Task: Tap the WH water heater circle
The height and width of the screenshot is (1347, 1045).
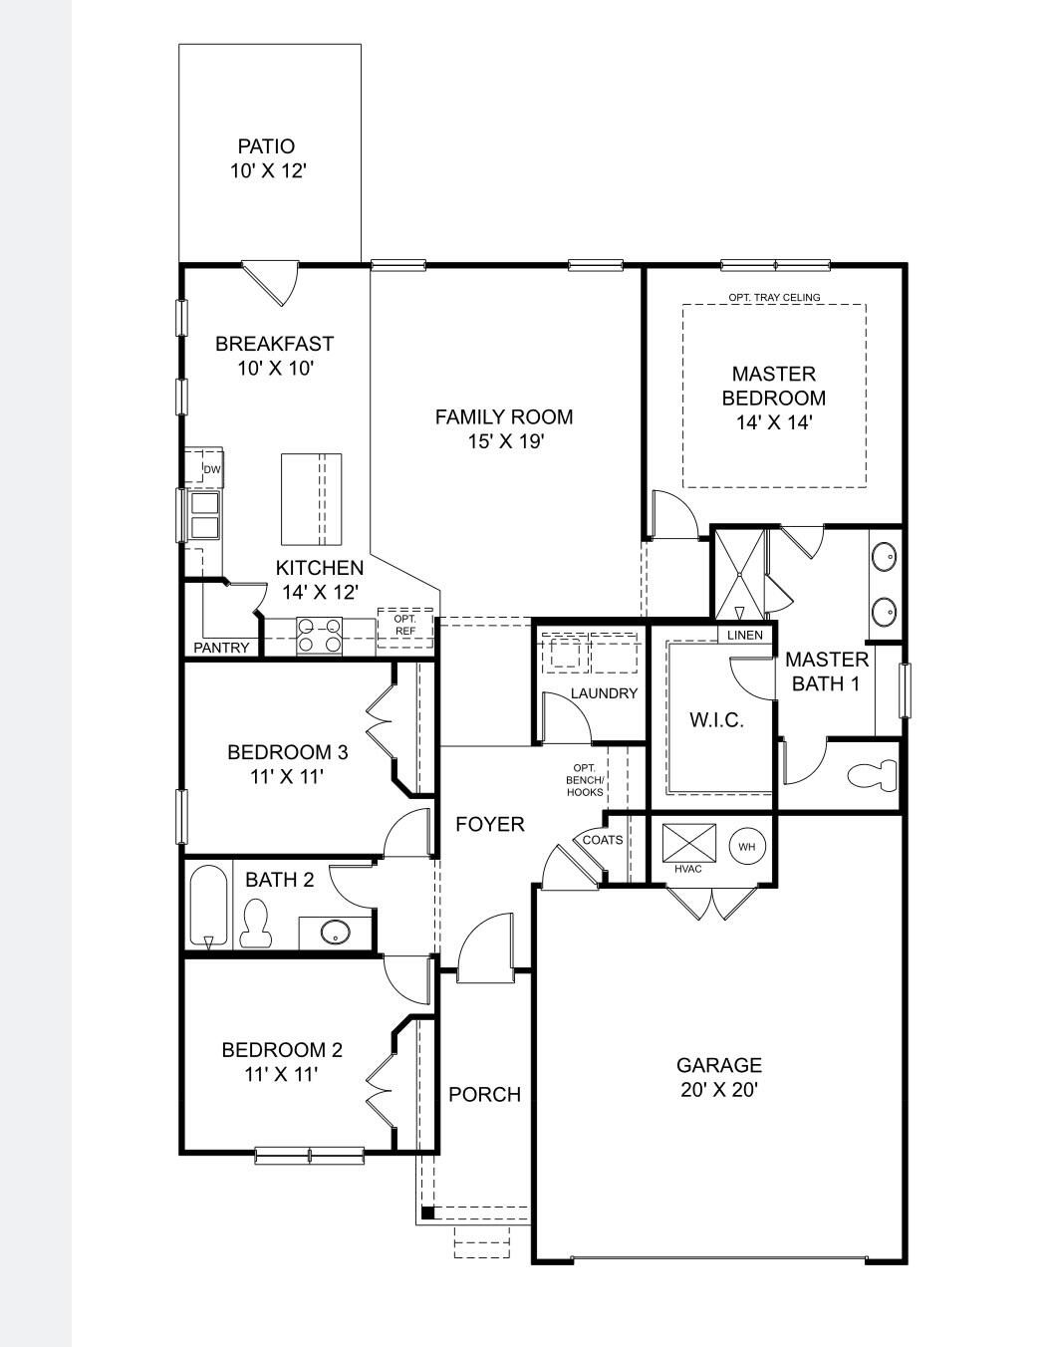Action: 747,847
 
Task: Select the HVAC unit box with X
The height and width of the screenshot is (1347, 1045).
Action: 689,843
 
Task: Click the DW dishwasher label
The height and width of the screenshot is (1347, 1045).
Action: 212,469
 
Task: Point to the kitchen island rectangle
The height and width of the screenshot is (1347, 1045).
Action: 311,499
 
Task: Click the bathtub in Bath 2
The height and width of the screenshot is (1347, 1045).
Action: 209,905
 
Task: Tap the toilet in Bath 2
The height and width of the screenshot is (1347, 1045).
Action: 257,922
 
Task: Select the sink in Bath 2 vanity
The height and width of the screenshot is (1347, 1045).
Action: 336,933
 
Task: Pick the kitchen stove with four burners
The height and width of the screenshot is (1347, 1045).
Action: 320,636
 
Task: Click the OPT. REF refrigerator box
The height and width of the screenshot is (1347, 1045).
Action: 405,627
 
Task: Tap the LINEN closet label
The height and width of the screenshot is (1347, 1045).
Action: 744,635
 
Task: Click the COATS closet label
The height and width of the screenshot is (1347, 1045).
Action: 603,840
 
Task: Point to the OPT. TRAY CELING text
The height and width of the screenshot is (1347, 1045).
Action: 774,297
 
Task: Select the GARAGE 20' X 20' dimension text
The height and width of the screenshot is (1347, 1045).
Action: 719,1090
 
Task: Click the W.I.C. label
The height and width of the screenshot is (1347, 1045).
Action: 716,719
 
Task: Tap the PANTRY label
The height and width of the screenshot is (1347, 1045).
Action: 221,648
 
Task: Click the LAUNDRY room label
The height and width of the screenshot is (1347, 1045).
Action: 604,693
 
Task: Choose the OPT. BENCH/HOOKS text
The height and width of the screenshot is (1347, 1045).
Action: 585,780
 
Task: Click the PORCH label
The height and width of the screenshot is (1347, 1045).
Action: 484,1094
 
